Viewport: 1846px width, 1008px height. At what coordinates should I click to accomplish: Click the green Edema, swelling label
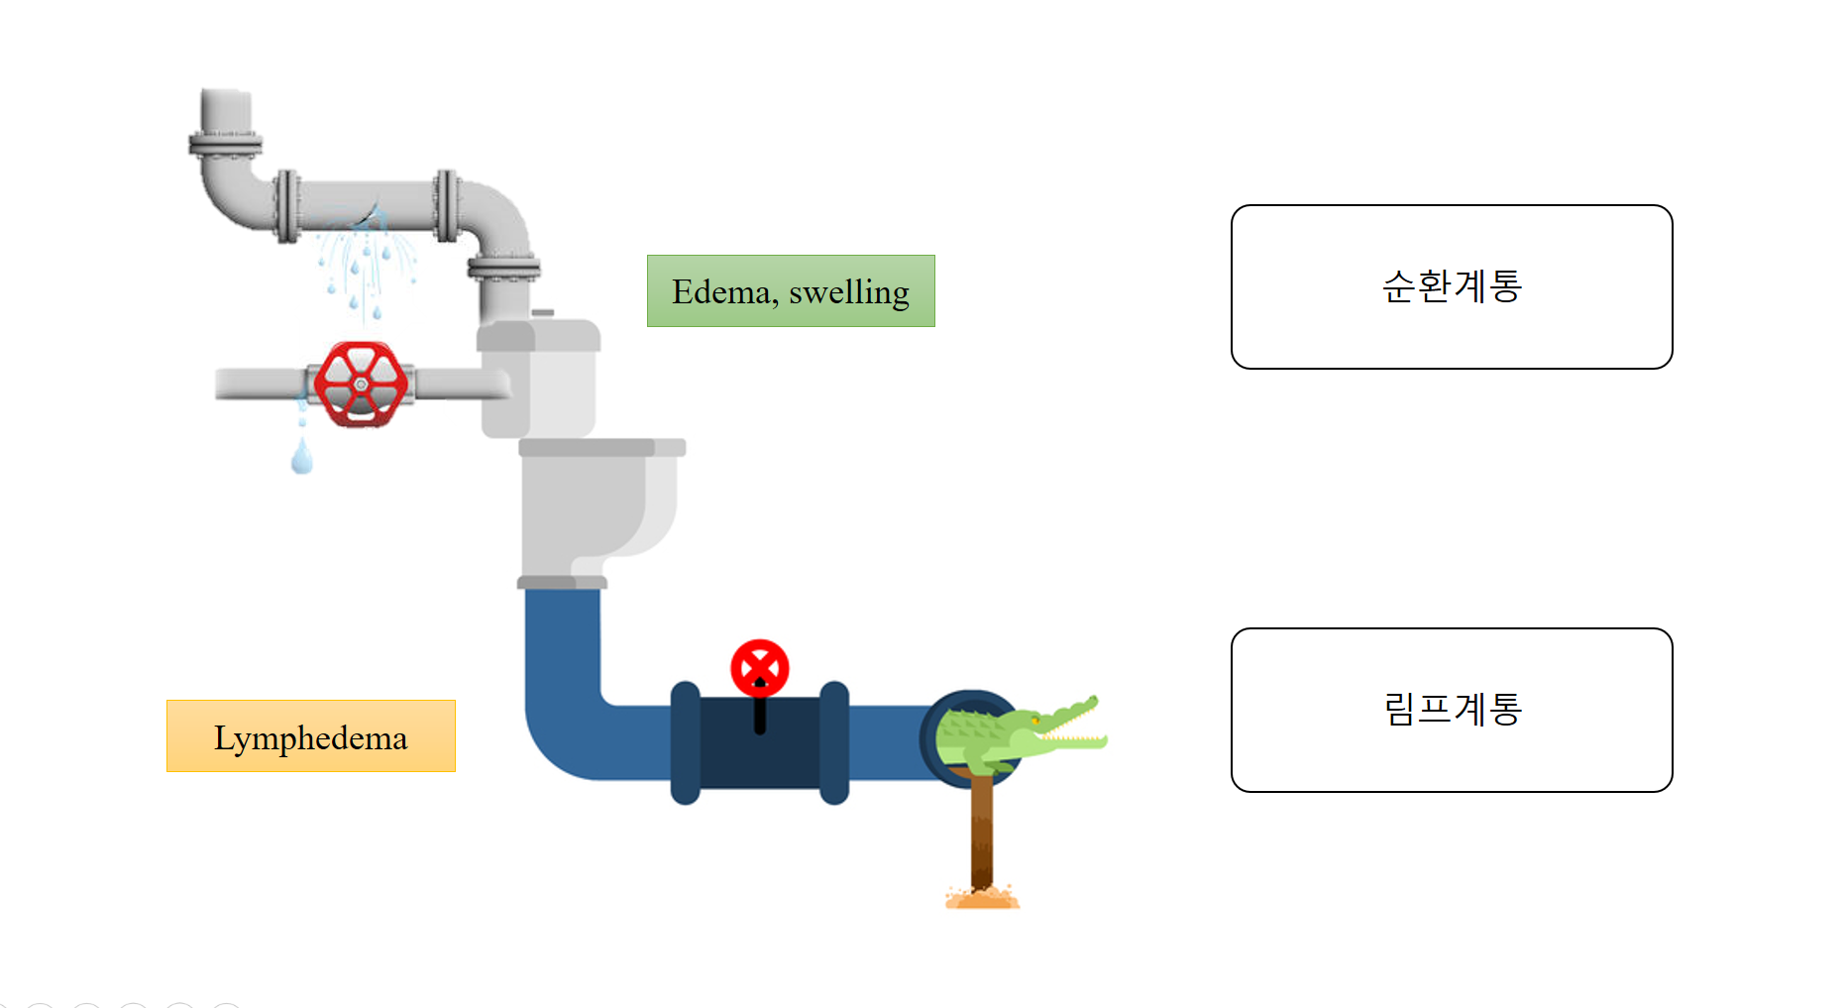pyautogui.click(x=791, y=290)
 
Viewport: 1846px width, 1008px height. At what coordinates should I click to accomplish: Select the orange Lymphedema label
pyautogui.click(x=310, y=735)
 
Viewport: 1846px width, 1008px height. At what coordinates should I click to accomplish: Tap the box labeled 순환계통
pyautogui.click(x=1451, y=286)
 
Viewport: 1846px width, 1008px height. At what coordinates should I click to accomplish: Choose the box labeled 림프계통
pyautogui.click(x=1451, y=710)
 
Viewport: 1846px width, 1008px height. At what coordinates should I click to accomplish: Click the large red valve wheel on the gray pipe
pyautogui.click(x=361, y=384)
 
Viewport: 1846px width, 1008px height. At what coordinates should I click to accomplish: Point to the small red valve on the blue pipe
pyautogui.click(x=760, y=667)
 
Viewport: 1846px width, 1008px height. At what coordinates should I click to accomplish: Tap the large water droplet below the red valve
pyautogui.click(x=302, y=457)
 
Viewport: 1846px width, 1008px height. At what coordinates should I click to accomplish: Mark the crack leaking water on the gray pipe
pyautogui.click(x=374, y=214)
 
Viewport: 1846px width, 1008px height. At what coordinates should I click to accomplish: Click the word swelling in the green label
pyautogui.click(x=849, y=292)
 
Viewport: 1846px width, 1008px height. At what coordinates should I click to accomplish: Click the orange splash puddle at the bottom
pyautogui.click(x=982, y=899)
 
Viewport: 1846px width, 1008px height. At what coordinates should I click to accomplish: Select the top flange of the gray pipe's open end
pyautogui.click(x=226, y=145)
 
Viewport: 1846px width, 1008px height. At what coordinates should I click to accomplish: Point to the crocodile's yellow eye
pyautogui.click(x=1034, y=720)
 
